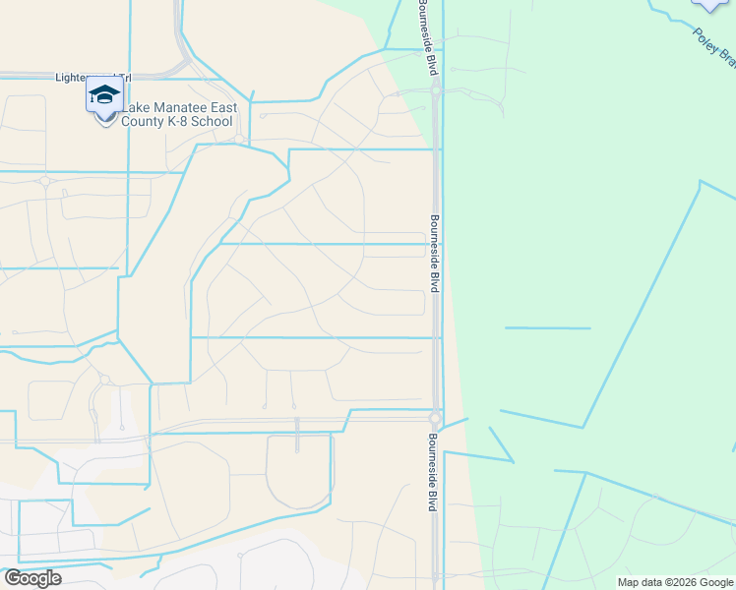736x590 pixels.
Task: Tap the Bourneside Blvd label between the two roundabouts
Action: click(x=433, y=253)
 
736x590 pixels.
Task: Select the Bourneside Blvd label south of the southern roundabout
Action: click(x=431, y=474)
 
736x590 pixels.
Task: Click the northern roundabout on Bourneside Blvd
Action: click(x=434, y=89)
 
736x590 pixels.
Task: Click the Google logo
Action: click(x=32, y=578)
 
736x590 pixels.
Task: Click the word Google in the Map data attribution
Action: click(x=715, y=583)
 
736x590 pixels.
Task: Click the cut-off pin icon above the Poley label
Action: click(x=710, y=5)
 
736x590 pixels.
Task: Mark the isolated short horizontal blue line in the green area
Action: click(x=547, y=327)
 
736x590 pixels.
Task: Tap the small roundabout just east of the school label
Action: click(x=239, y=139)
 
